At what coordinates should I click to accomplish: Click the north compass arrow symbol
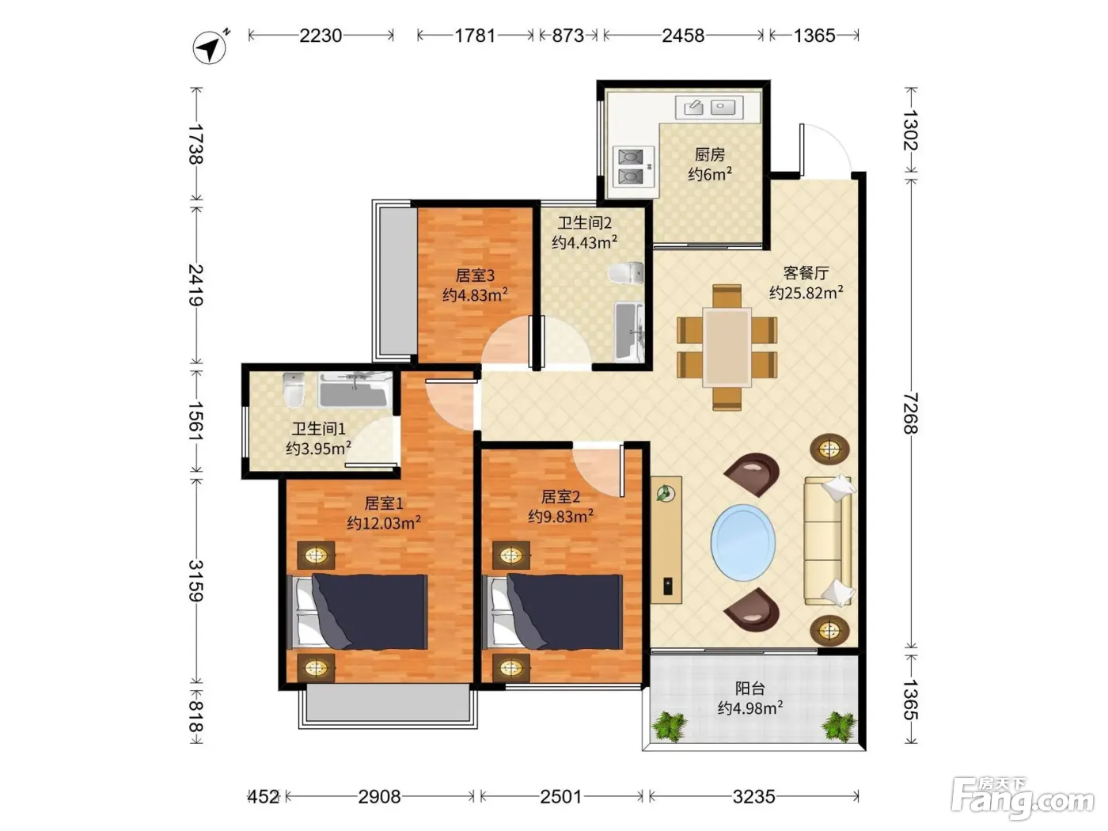(210, 47)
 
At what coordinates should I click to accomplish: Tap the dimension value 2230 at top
(321, 36)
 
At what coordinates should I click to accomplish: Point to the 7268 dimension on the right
(910, 413)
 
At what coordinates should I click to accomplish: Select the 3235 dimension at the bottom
(753, 797)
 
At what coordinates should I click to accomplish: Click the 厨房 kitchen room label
(710, 154)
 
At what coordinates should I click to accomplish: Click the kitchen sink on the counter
(709, 108)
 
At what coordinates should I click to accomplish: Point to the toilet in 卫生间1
(294, 390)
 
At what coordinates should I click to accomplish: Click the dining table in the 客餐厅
(727, 347)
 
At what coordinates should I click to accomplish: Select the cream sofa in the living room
(828, 540)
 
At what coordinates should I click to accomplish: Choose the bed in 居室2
(552, 612)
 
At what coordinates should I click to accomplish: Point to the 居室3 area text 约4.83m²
(475, 294)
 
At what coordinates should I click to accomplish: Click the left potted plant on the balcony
(670, 727)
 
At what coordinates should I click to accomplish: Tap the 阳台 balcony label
(750, 689)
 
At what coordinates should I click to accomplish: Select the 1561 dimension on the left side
(196, 421)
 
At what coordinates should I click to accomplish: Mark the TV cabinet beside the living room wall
(666, 540)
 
